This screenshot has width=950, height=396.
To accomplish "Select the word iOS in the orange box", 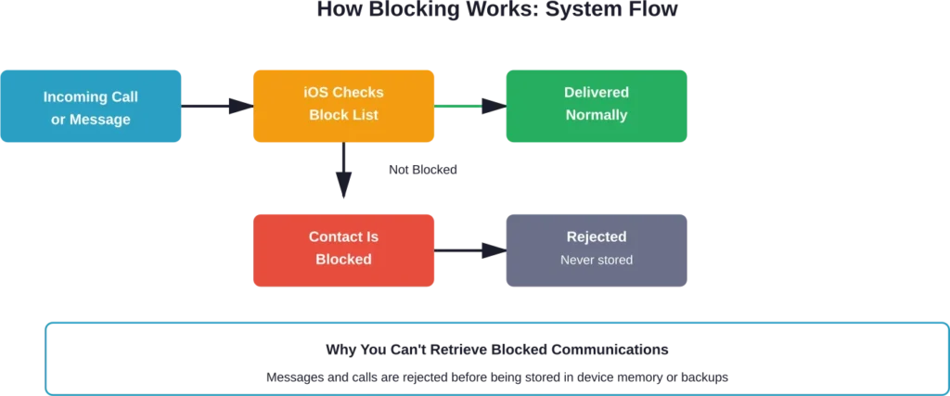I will click(x=316, y=93).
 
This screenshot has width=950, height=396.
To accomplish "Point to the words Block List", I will click(x=344, y=115).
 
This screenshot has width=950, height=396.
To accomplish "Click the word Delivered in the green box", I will click(x=596, y=93).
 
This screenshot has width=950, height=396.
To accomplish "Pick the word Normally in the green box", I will click(x=596, y=115).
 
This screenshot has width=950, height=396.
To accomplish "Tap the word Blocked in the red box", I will click(x=343, y=260).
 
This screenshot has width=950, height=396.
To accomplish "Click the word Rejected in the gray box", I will click(x=596, y=236).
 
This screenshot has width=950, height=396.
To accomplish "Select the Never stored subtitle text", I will click(x=596, y=261).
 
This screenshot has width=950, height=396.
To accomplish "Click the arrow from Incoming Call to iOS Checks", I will click(x=218, y=108).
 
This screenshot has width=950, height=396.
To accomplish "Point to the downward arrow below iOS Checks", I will click(x=343, y=172).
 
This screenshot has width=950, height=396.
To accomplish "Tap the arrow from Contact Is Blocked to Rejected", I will click(x=469, y=249).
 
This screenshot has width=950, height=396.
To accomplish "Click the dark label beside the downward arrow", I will click(x=422, y=172).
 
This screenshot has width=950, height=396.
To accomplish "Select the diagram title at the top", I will click(x=496, y=12).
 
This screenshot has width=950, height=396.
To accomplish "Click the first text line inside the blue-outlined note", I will click(x=496, y=350).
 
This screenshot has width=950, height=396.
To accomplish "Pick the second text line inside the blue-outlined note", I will click(x=496, y=378).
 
